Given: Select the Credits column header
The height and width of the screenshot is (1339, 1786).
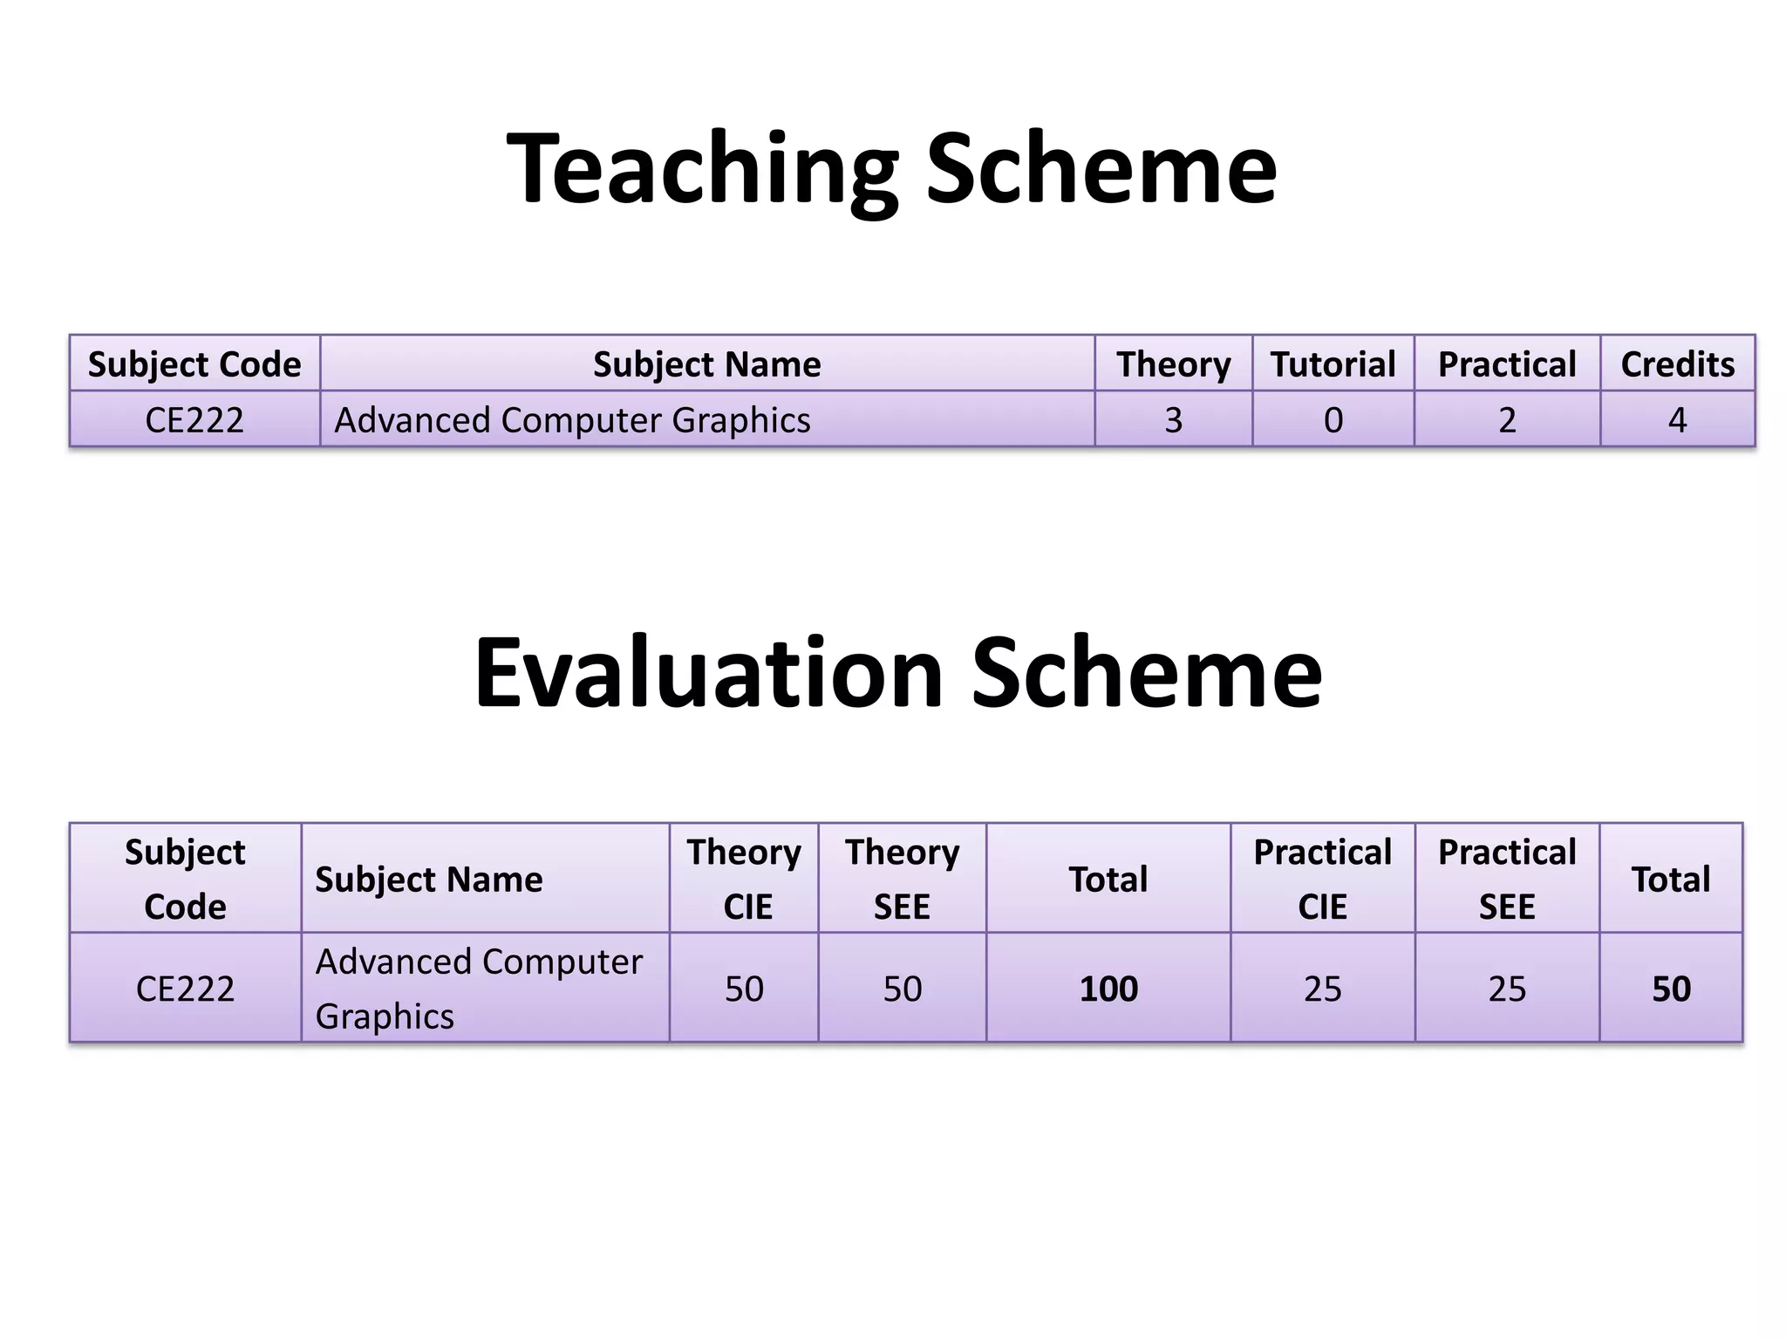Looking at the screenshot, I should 1677,364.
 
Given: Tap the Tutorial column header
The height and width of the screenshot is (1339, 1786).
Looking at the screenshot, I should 1333,364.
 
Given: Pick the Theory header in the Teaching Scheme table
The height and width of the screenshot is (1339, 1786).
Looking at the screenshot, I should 1173,364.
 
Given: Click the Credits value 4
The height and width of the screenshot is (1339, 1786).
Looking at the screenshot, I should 1677,420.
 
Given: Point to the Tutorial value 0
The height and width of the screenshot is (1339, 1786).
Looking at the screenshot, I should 1333,420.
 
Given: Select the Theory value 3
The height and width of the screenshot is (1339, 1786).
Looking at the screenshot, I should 1173,420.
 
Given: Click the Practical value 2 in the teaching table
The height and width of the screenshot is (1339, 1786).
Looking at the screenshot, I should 1507,420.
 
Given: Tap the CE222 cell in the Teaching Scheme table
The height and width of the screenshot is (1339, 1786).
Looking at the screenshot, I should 194,420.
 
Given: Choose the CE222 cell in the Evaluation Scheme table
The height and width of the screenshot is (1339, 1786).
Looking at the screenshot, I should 185,989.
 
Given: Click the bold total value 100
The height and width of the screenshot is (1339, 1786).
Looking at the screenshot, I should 1108,989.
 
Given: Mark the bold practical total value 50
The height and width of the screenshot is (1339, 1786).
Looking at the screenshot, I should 1671,989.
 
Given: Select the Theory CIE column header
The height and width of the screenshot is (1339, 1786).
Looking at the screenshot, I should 744,879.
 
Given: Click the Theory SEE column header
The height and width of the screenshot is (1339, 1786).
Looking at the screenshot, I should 902,879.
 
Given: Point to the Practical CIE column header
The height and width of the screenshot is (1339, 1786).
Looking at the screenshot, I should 1322,879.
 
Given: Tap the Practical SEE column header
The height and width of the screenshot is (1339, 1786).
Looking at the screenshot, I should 1507,879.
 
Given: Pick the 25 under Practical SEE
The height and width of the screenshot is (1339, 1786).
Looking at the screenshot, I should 1507,989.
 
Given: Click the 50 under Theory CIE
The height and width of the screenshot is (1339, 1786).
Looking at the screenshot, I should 744,989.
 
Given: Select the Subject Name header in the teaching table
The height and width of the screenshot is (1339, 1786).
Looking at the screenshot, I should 706,364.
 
